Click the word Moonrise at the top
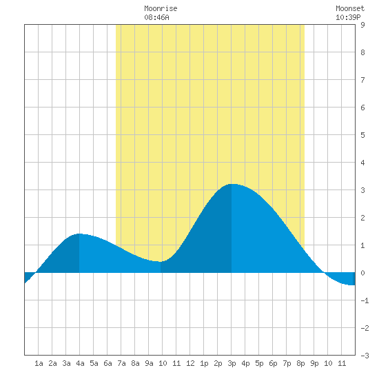(x=161, y=9)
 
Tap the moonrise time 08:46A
(x=156, y=17)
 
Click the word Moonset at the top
(x=350, y=9)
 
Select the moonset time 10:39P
(x=348, y=17)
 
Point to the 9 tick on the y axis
(x=362, y=25)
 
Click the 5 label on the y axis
(x=362, y=135)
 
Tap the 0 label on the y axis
(x=362, y=273)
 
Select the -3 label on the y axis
(x=365, y=356)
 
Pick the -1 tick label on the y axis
(x=365, y=300)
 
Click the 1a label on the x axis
(x=39, y=363)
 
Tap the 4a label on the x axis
(x=80, y=363)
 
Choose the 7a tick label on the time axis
(x=121, y=363)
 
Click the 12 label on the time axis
(x=190, y=363)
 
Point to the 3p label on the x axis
(x=232, y=363)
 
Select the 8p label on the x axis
(x=300, y=363)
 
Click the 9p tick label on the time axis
(x=314, y=363)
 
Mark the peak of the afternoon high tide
(x=232, y=184)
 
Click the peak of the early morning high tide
(x=79, y=234)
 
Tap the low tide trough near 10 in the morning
(x=161, y=262)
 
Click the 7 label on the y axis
(x=362, y=80)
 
